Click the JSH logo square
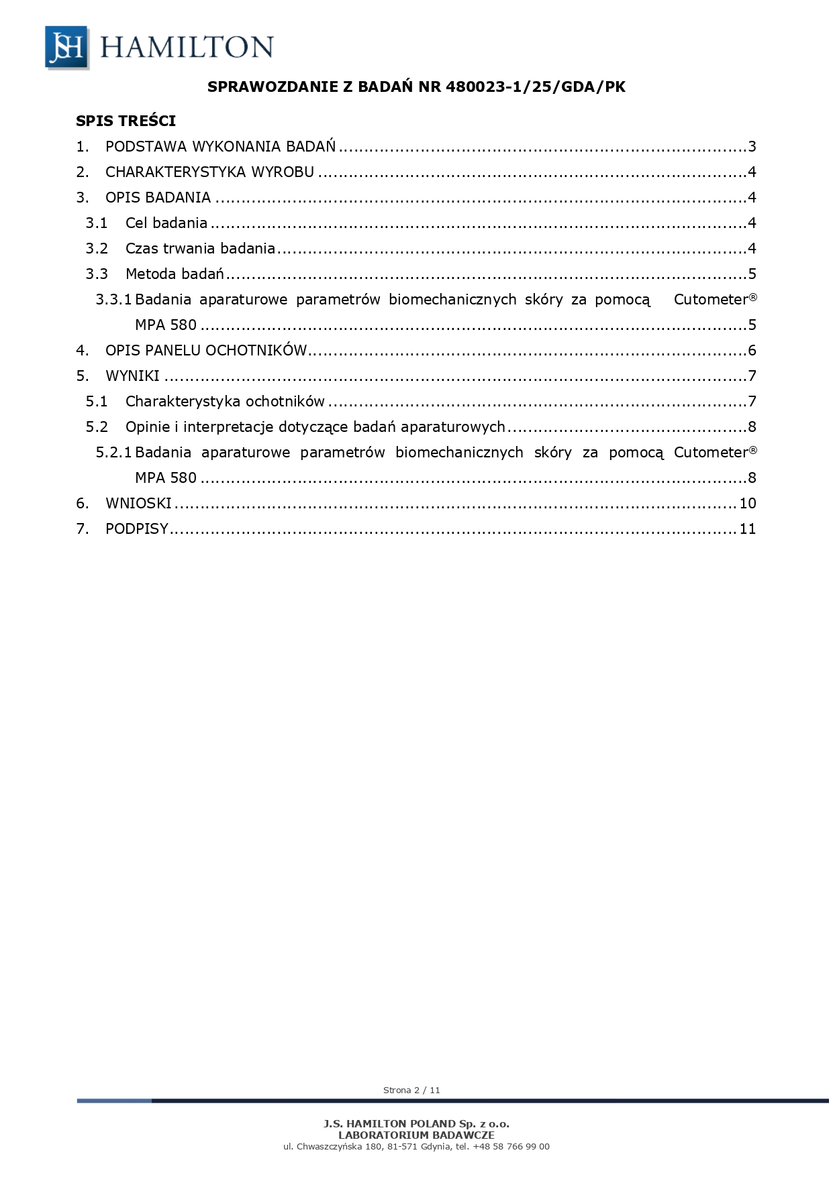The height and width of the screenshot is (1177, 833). (66, 47)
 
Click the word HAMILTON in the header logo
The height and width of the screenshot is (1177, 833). (187, 47)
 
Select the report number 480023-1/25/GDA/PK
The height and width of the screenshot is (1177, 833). (535, 87)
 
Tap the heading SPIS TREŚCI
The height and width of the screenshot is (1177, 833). (126, 121)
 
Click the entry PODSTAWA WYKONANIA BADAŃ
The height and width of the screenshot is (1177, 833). (220, 147)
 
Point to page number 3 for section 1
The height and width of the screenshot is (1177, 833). (752, 147)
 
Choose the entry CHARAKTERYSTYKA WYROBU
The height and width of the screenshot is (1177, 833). (209, 172)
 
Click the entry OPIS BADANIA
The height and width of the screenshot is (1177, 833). (158, 198)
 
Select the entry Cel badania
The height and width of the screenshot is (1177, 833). (166, 223)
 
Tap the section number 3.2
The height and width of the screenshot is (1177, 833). (97, 249)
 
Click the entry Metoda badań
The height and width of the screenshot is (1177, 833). (175, 274)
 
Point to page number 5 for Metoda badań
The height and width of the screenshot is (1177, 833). (752, 274)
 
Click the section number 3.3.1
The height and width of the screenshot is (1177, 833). (113, 300)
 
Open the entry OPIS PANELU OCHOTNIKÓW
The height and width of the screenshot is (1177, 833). (206, 351)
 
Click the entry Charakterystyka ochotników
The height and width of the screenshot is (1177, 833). (225, 402)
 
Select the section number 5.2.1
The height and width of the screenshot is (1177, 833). (113, 453)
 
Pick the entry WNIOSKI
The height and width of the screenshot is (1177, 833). (138, 504)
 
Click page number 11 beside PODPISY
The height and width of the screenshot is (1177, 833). (748, 529)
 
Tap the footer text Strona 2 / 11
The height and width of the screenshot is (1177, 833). (411, 1090)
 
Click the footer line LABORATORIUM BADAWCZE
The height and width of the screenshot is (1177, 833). (416, 1135)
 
